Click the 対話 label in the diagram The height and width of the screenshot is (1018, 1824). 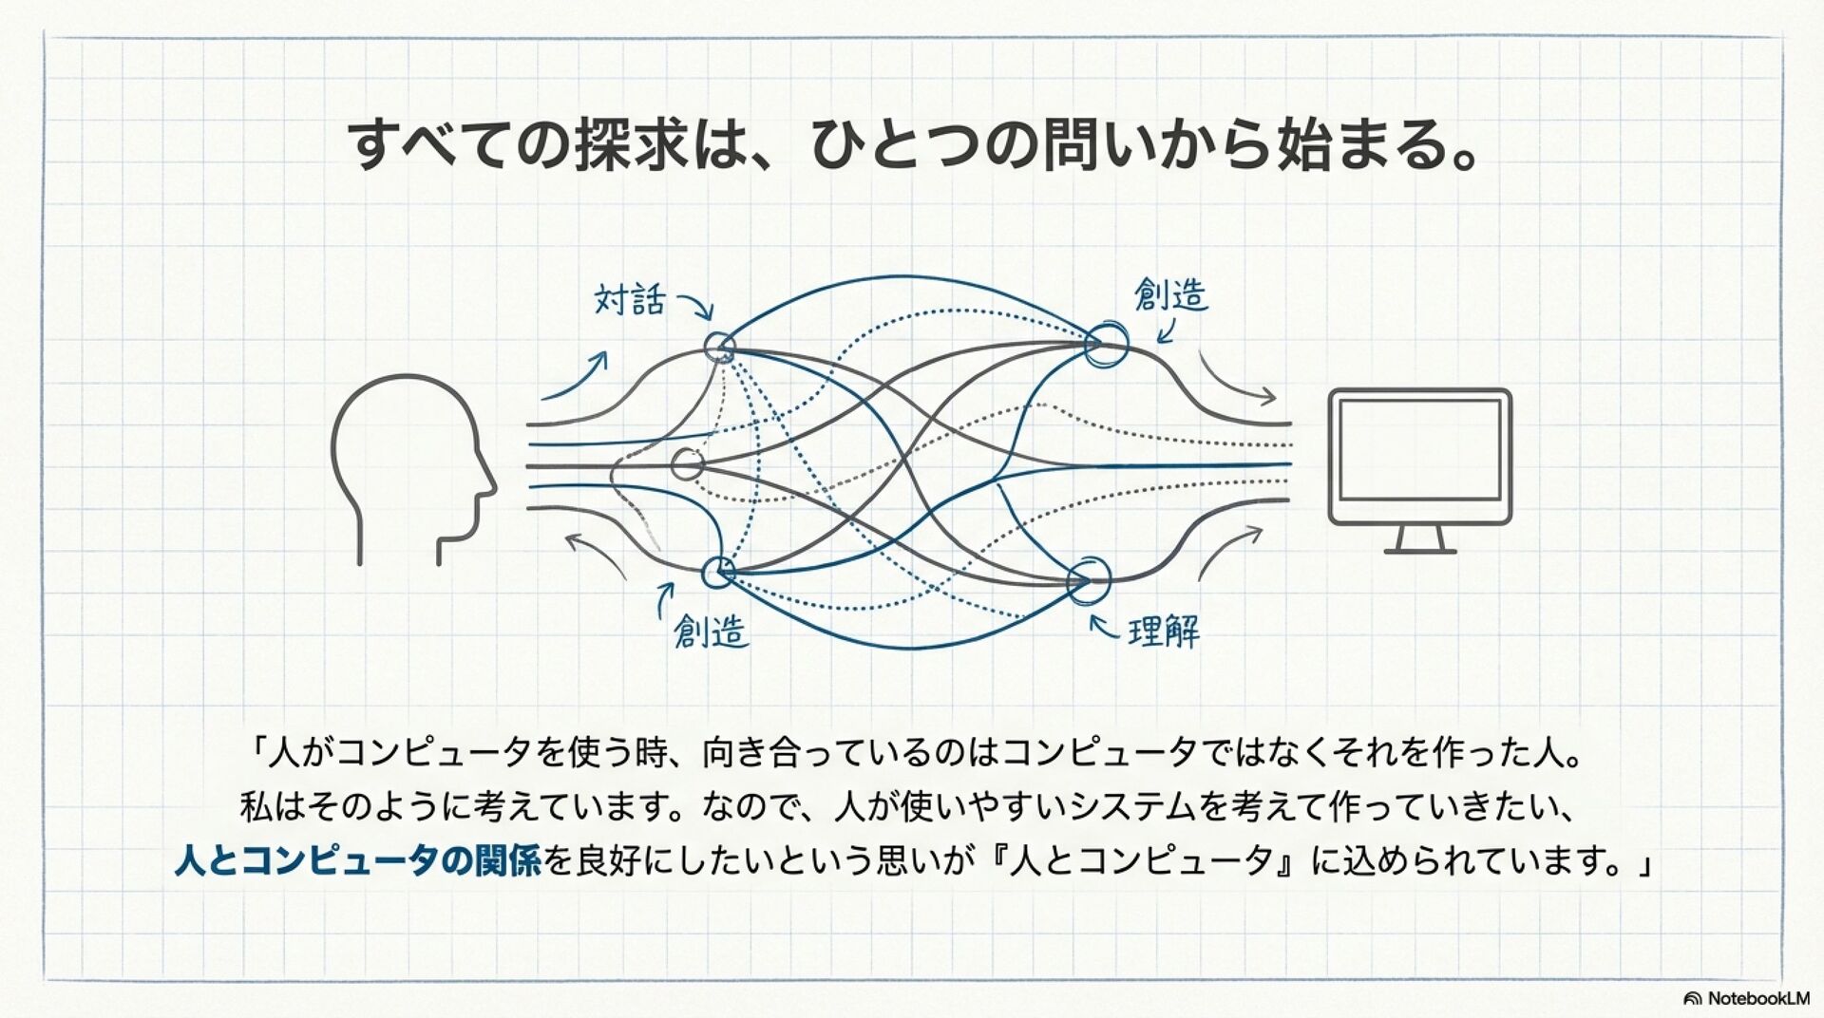[x=629, y=300]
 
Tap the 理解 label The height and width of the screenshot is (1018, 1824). [x=1164, y=632]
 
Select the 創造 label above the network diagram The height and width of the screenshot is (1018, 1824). [x=1170, y=295]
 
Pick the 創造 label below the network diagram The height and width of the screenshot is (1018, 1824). [x=711, y=631]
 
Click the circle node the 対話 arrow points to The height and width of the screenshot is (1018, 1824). [x=720, y=347]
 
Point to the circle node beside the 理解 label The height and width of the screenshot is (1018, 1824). [x=1089, y=579]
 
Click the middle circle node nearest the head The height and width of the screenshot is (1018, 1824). [x=687, y=464]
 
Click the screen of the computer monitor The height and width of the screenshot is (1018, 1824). [x=1419, y=450]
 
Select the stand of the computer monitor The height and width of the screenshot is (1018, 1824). [x=1419, y=540]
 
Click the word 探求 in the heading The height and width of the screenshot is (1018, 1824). [x=632, y=145]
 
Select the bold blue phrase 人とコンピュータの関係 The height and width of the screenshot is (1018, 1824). [x=358, y=861]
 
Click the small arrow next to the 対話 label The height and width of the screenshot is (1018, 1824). [x=696, y=306]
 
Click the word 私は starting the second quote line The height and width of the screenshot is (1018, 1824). [x=270, y=807]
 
